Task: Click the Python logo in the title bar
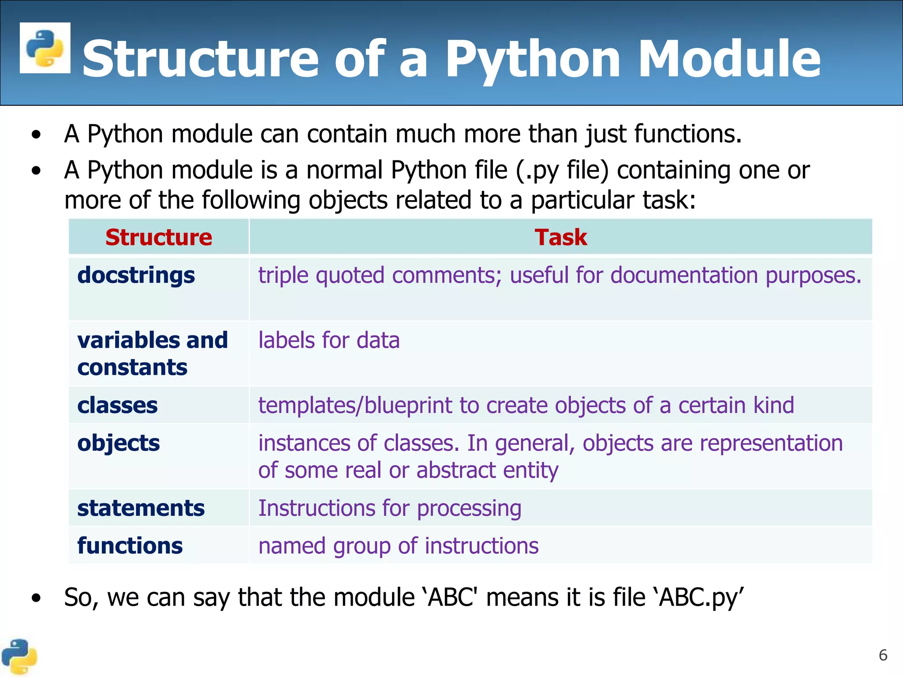[x=45, y=48]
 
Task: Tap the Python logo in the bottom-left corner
[x=19, y=656]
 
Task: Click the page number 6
[x=883, y=655]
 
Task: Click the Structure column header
[x=159, y=237]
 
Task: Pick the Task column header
[x=561, y=237]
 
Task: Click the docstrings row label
[x=136, y=275]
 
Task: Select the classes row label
[x=117, y=405]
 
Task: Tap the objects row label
[x=118, y=443]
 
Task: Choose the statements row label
[x=141, y=508]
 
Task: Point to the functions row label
[x=130, y=546]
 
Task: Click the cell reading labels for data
[x=329, y=341]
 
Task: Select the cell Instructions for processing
[x=390, y=508]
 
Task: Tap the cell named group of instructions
[x=398, y=546]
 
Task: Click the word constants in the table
[x=132, y=368]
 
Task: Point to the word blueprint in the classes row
[x=408, y=405]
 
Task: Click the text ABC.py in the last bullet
[x=699, y=598]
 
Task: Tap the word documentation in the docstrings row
[x=685, y=275]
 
